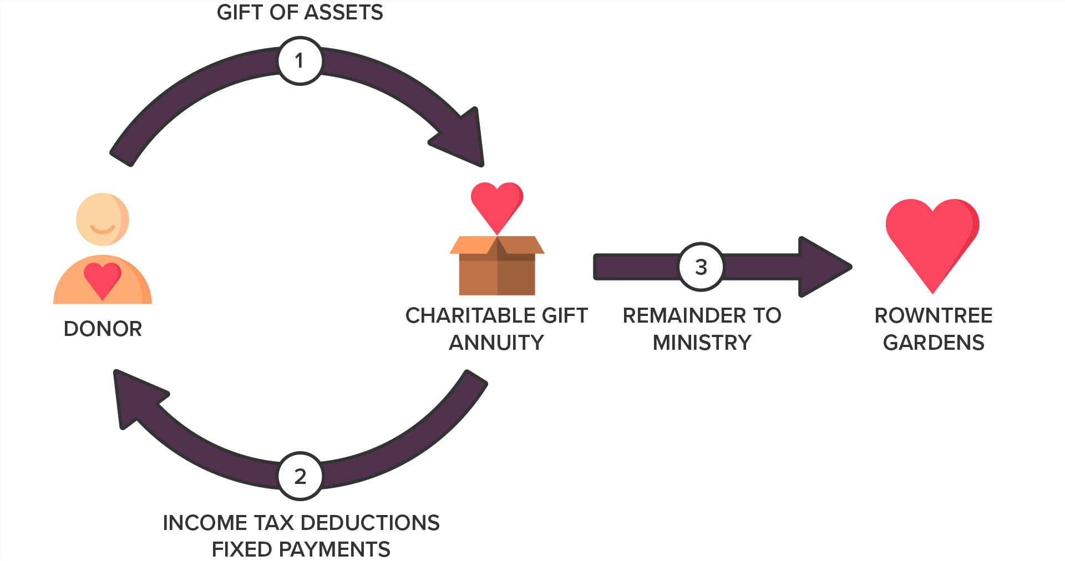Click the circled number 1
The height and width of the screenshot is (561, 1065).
pos(300,61)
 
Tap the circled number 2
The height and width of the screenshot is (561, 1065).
pos(300,476)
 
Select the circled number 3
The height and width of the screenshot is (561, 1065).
pos(701,267)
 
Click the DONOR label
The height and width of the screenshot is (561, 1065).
pos(103,329)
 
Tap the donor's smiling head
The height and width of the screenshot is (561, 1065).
pos(102,220)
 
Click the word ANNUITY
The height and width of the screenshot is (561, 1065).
pos(496,343)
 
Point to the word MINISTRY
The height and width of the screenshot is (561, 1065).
pos(702,343)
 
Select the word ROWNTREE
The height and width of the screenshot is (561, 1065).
pos(934,316)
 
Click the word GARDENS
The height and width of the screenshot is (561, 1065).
pos(934,343)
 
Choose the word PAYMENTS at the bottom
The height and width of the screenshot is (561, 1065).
pos(334,550)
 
